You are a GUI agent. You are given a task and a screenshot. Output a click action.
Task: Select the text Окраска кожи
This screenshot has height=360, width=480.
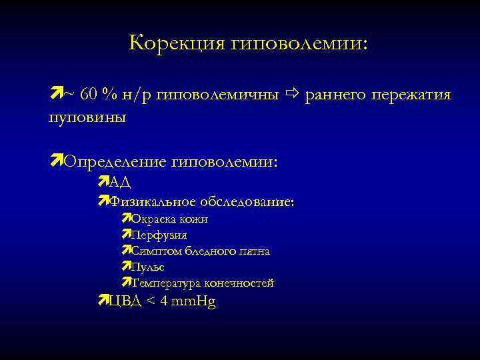170,219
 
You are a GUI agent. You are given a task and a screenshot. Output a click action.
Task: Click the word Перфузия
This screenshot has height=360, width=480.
159,235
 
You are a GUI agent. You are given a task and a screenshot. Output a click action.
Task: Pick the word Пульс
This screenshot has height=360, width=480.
147,267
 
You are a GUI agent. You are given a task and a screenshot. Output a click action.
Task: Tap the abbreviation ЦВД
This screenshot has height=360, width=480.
125,301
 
